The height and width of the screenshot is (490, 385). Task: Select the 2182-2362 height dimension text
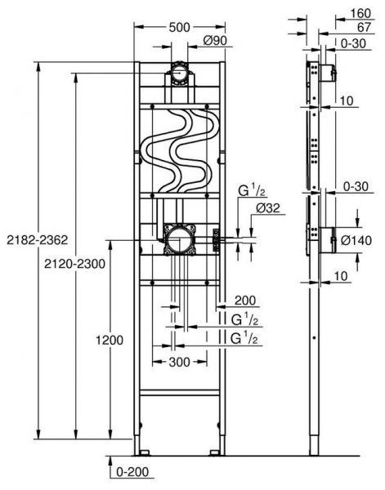click(32, 238)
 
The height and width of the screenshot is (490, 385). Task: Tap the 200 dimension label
click(246, 300)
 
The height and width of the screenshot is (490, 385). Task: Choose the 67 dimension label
click(364, 26)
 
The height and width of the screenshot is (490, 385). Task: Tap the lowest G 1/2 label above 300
click(246, 336)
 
